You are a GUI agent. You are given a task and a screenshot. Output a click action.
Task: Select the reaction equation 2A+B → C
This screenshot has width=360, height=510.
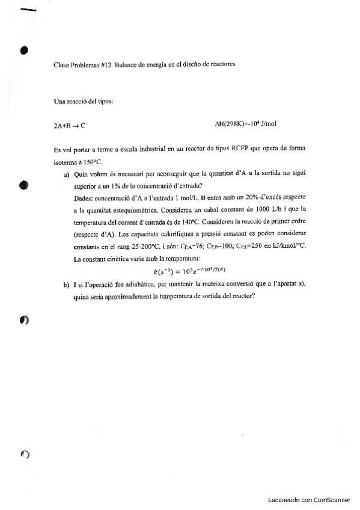click(x=69, y=126)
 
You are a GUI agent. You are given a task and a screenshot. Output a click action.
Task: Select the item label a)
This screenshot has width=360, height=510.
click(x=67, y=175)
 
